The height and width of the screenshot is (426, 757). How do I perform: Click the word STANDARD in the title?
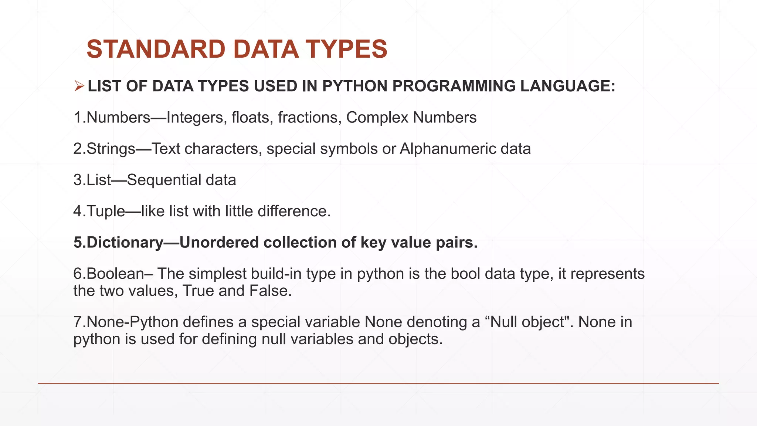pyautogui.click(x=156, y=49)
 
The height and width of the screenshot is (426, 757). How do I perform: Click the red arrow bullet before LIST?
pyautogui.click(x=79, y=86)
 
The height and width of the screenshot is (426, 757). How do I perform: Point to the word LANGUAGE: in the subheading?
pyautogui.click(x=567, y=86)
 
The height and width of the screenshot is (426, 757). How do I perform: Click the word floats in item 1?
pyautogui.click(x=250, y=118)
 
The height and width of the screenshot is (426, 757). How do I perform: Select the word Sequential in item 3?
pyautogui.click(x=164, y=180)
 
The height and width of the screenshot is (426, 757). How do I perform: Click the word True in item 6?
pyautogui.click(x=198, y=291)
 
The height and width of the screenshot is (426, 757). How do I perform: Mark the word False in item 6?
pyautogui.click(x=269, y=291)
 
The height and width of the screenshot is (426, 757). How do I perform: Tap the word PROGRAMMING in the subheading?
pyautogui.click(x=454, y=86)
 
